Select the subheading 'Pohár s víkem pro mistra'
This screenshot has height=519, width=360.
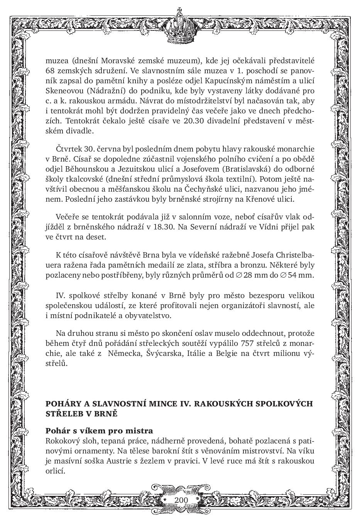click(x=99, y=431)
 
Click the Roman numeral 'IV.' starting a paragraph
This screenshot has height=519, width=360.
click(x=61, y=295)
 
